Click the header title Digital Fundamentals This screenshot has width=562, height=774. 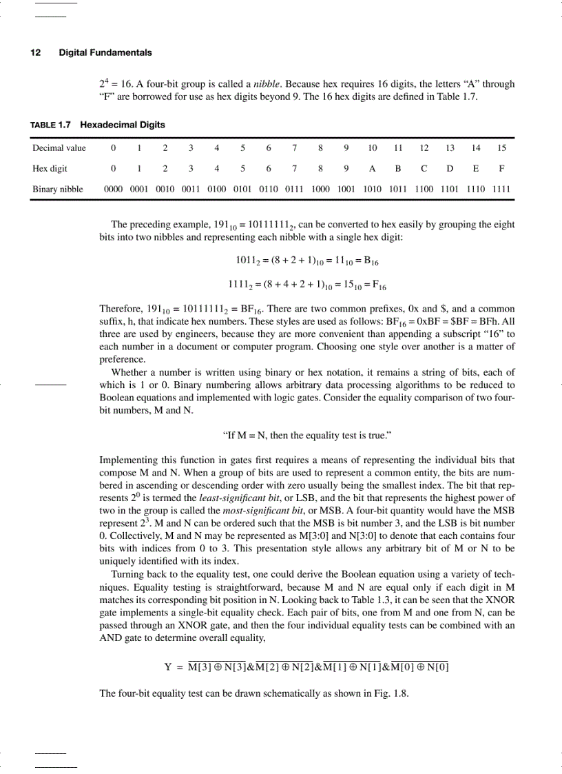point(105,52)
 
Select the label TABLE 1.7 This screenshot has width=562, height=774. point(52,125)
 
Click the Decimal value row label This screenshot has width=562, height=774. point(59,147)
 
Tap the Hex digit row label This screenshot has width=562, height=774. point(50,168)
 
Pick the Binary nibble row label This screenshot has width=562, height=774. point(58,189)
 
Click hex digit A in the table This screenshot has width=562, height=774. point(372,168)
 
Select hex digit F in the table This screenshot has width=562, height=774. point(501,168)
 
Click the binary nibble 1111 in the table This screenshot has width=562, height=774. point(501,189)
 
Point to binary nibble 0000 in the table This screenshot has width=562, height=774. point(114,189)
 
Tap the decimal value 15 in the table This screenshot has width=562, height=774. point(501,147)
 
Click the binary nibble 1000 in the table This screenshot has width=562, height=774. point(320,189)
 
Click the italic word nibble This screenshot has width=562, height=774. point(267,84)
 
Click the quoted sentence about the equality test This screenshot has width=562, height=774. point(307,436)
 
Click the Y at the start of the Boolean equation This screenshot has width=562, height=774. point(167,667)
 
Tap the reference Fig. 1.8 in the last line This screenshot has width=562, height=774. point(391,693)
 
